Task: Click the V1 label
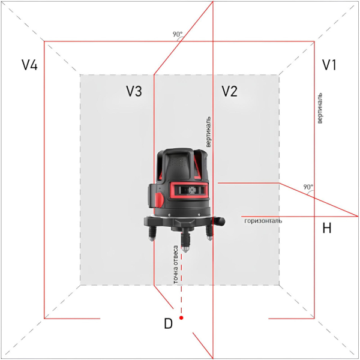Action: click(x=329, y=65)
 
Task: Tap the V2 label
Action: click(x=229, y=91)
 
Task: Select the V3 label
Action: click(x=134, y=91)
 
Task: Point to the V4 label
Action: click(x=29, y=65)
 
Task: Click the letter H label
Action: click(x=327, y=228)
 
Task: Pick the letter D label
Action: click(x=168, y=323)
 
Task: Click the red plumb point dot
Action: click(x=181, y=318)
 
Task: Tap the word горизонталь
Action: click(x=263, y=221)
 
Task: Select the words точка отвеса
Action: click(x=176, y=265)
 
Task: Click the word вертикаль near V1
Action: click(x=320, y=108)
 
